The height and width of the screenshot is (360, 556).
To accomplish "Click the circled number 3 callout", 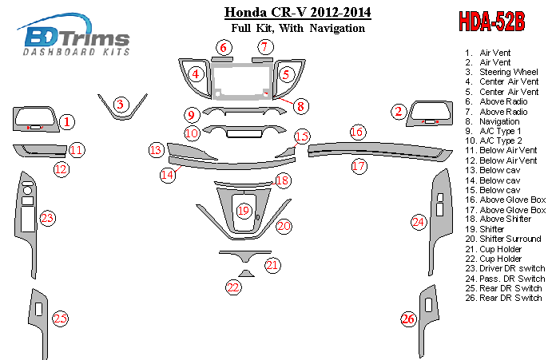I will (120, 105).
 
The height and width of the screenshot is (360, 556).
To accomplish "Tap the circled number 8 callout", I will (300, 105).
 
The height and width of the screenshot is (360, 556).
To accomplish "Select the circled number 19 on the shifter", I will (244, 211).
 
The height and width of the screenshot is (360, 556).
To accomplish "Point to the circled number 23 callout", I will (47, 218).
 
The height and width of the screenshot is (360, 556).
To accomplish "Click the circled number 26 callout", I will (408, 320).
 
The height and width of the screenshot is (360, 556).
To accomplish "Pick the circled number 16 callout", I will (357, 131).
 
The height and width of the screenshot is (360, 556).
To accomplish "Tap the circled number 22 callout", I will (233, 287).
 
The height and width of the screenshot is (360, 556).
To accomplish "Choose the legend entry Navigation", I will (501, 121).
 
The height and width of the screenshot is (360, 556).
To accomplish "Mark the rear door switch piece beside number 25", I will (38, 315).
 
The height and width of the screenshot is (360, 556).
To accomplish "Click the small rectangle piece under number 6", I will (223, 60).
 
